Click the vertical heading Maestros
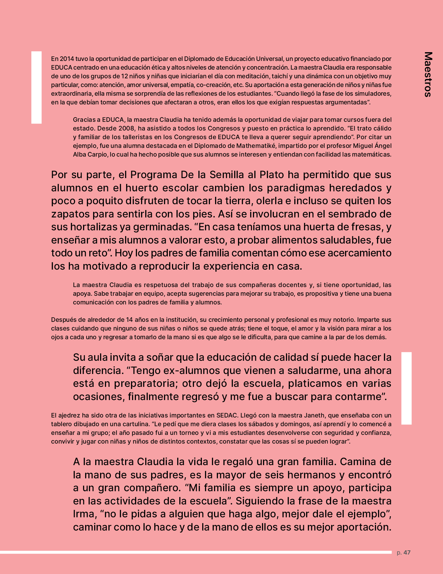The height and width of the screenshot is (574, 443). click(x=428, y=74)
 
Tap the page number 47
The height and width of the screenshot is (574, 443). click(x=407, y=552)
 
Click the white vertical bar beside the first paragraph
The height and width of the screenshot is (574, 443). click(x=36, y=87)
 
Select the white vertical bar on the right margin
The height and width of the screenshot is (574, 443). click(x=407, y=388)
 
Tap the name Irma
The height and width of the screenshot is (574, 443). click(x=83, y=514)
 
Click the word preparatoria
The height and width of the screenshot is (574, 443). click(x=146, y=383)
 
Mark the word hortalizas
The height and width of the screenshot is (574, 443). click(x=95, y=227)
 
